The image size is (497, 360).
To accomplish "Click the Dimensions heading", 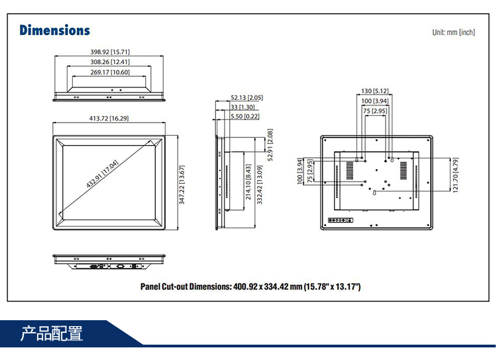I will coord(54,30).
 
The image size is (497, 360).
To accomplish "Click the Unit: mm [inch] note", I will coord(453,32).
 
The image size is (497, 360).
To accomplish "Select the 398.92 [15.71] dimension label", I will coord(110,52).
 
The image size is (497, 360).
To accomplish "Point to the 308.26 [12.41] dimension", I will coord(110,62).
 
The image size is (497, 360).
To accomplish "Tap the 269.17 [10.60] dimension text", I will coord(110,72).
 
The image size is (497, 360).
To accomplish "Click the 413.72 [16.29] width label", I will coord(109,119).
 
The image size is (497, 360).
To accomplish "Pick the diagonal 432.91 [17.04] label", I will coord(102,174).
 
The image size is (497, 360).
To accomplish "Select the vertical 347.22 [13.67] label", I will coord(182,185).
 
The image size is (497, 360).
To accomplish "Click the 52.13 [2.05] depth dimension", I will coord(247,97).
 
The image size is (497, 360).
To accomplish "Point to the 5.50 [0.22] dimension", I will coord(245,116).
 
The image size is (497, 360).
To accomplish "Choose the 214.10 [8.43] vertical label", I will coord(248,182).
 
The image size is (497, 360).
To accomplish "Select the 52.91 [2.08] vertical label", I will coord(270,145).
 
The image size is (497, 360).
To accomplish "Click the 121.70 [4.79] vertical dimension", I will coord(455,176).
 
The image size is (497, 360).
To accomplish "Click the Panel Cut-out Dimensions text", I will coord(250,286).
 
